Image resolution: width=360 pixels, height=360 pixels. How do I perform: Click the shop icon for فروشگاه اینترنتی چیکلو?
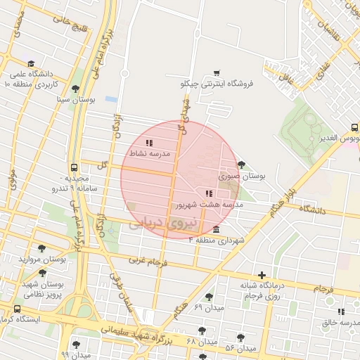click(x=217, y=72)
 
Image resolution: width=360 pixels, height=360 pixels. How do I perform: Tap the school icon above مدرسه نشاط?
click(x=149, y=143)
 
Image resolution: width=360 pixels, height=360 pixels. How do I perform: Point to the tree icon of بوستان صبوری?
click(x=242, y=165)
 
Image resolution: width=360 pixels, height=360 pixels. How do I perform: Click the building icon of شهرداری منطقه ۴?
click(x=216, y=230)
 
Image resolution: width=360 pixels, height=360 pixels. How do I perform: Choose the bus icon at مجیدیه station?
click(x=75, y=168)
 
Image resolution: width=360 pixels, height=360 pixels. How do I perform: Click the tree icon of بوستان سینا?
click(x=76, y=89)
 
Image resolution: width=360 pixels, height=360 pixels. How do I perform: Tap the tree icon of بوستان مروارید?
click(x=42, y=249)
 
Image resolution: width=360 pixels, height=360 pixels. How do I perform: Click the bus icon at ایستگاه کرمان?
click(x=17, y=309)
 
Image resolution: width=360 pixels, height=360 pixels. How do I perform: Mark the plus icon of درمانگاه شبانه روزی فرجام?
click(x=262, y=275)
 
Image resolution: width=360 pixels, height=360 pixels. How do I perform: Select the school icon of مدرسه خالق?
click(x=341, y=311)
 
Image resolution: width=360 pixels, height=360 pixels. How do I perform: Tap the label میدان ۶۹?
click(x=208, y=308)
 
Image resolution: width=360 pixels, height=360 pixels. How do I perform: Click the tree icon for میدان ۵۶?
click(x=240, y=338)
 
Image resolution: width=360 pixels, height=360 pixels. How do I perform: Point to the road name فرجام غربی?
click(x=148, y=261)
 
